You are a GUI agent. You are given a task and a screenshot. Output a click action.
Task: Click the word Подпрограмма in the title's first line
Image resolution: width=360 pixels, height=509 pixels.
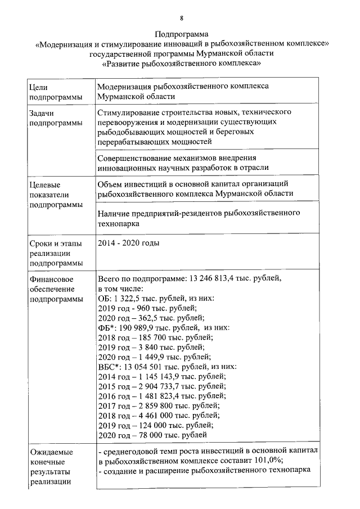[181, 34]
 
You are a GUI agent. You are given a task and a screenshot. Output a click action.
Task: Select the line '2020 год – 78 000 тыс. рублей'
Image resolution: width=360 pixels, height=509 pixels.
[152, 435]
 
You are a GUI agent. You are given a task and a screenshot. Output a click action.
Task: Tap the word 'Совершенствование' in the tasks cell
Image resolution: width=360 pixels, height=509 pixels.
[133, 158]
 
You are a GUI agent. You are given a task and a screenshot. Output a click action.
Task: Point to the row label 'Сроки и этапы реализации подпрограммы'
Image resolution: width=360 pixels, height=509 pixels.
[55, 253]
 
